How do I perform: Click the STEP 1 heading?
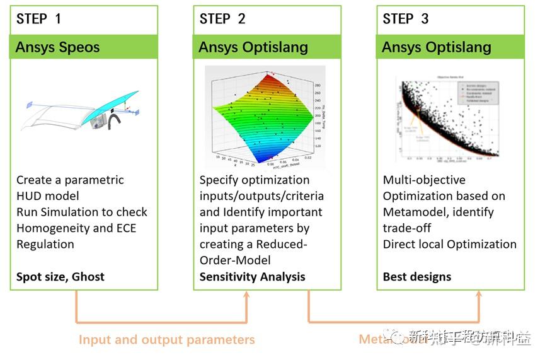39,19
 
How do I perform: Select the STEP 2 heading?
222,19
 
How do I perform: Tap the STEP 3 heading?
406,19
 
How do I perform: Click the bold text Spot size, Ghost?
60,276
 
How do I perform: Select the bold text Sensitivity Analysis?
252,276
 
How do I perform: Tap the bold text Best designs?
417,276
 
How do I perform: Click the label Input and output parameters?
166,339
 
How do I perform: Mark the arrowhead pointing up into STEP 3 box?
479,296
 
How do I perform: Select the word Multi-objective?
424,180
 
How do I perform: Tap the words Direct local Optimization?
449,244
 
